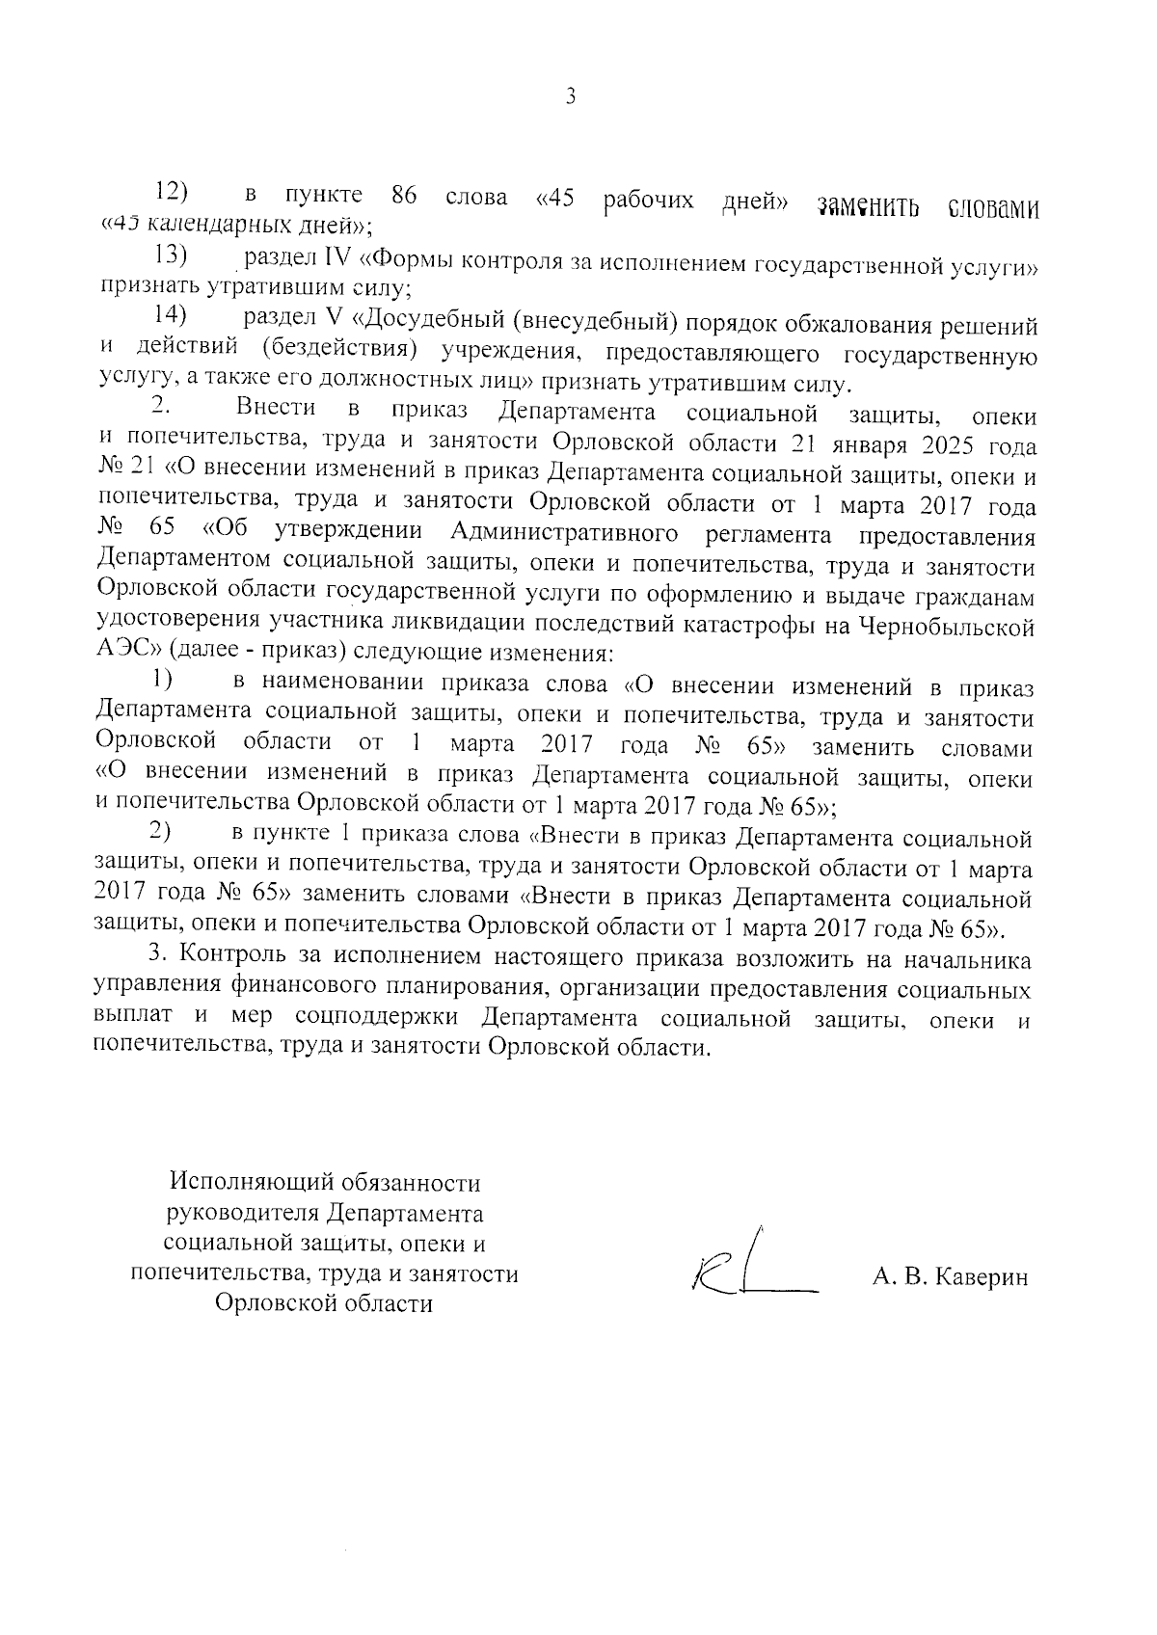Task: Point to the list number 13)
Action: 170,256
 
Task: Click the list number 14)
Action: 170,315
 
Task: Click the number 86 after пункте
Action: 403,197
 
